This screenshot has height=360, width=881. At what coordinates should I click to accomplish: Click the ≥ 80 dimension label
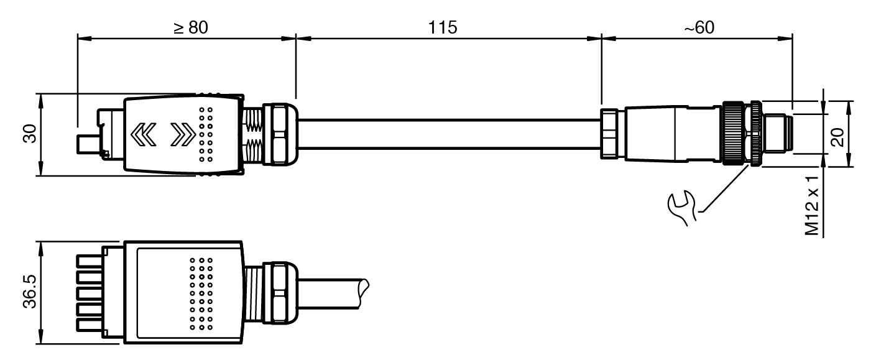pos(190,27)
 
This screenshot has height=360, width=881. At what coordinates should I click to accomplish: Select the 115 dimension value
pos(443,27)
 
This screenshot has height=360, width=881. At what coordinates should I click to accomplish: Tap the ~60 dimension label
pos(699,27)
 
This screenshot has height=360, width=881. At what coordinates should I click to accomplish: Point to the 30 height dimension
pos(29,134)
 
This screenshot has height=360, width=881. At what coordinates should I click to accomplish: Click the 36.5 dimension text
pos(29,292)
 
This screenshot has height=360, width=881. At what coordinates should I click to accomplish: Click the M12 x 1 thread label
pos(812,205)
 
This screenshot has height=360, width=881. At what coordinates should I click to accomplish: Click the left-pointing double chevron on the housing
pos(144,134)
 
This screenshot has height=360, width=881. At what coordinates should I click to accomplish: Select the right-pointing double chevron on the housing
pos(183,134)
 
